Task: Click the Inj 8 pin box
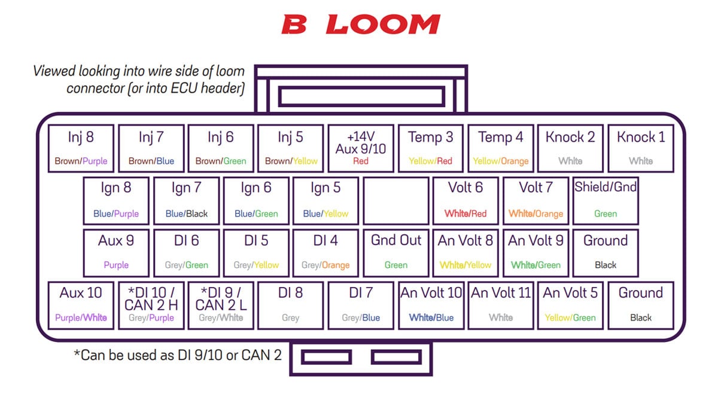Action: [81, 148]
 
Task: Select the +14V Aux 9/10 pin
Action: [361, 148]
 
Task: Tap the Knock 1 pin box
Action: [641, 148]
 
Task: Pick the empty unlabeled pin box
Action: [396, 201]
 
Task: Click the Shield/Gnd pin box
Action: [606, 201]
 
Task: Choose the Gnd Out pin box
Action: [396, 253]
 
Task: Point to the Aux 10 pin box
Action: [81, 306]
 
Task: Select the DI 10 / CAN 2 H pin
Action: [151, 306]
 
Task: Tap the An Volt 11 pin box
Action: [501, 306]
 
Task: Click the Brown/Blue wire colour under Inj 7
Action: [151, 161]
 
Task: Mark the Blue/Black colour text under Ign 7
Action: [187, 213]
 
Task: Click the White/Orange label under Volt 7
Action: [536, 213]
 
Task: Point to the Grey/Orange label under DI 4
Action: [325, 265]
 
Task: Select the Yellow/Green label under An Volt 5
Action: [570, 317]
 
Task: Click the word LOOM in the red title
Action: [383, 24]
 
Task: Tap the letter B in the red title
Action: [294, 25]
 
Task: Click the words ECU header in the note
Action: [208, 88]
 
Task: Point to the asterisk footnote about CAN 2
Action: [178, 355]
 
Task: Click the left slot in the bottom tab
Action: [326, 357]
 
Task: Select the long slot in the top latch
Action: [361, 96]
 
